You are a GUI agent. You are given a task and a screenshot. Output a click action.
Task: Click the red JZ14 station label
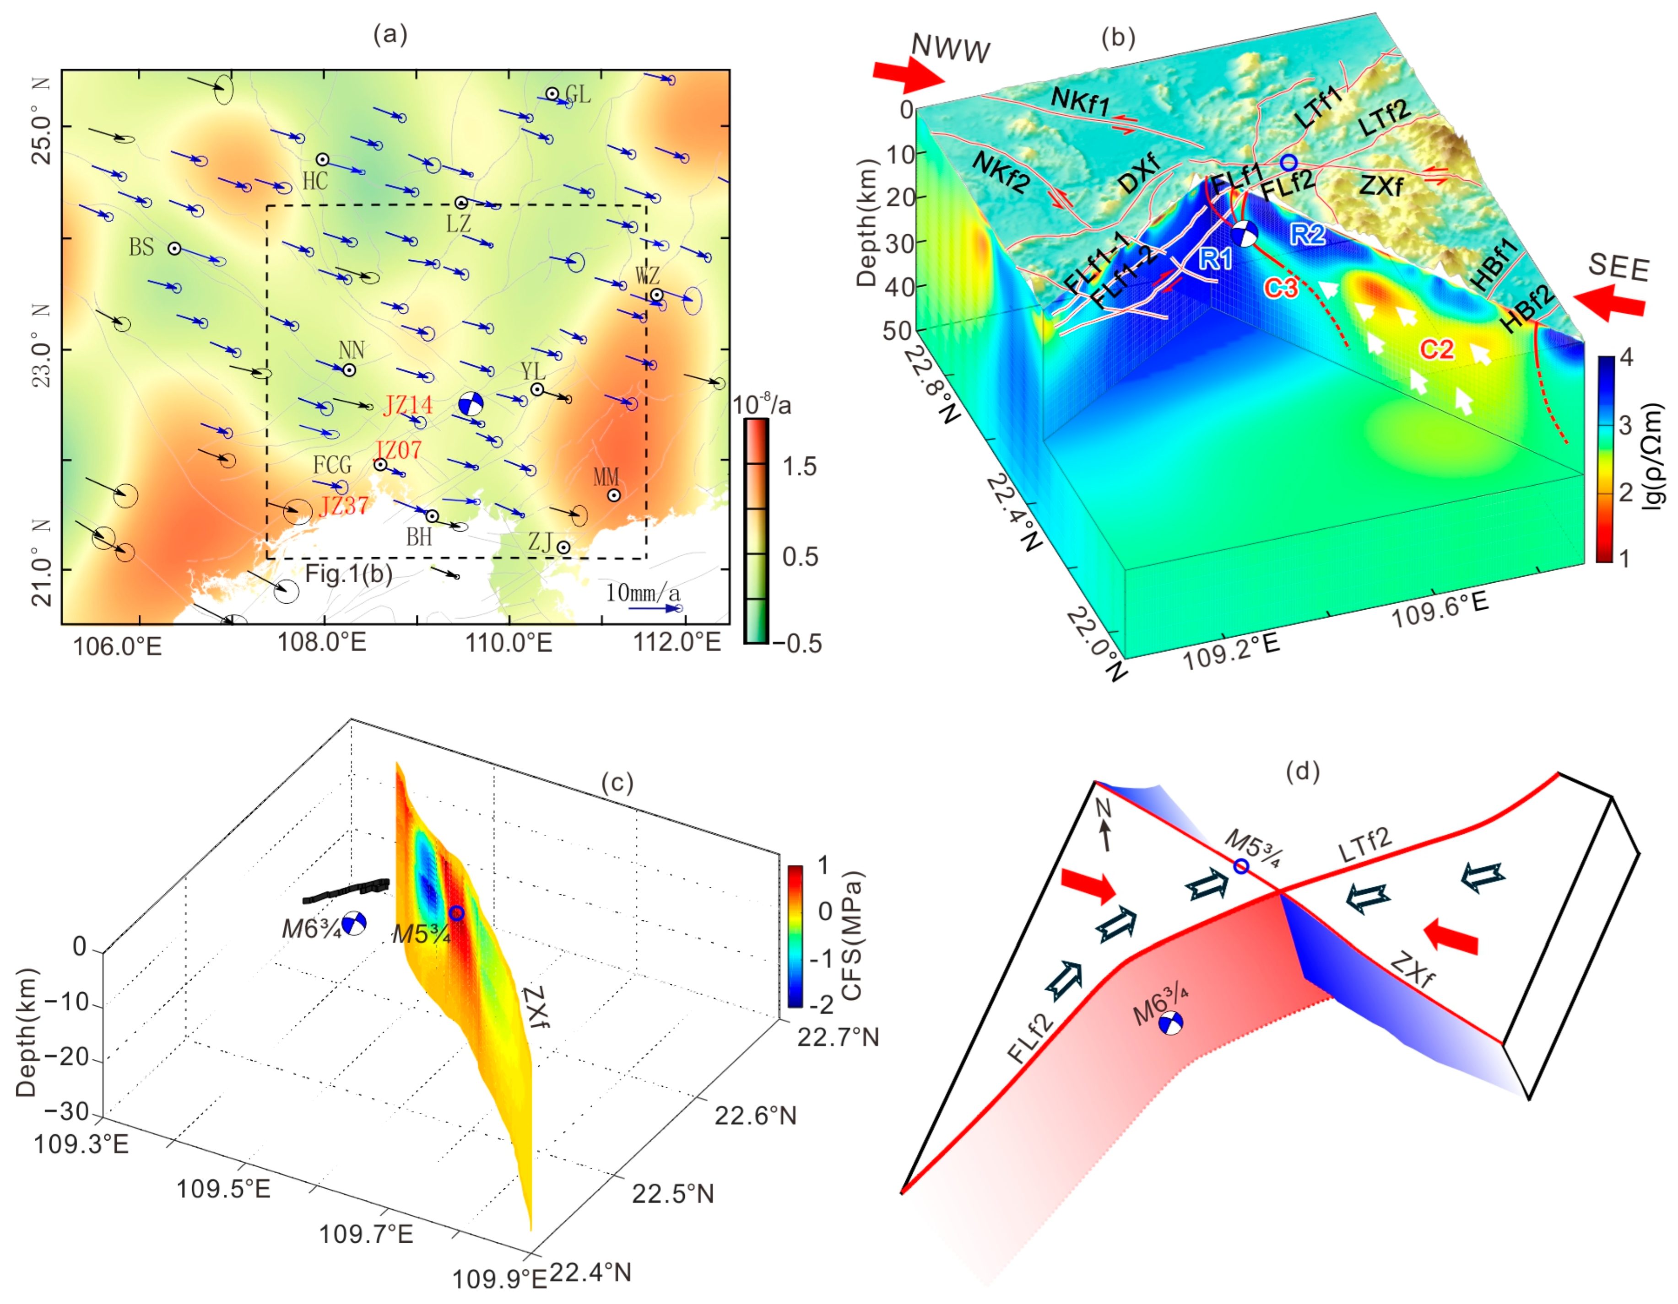click(x=408, y=405)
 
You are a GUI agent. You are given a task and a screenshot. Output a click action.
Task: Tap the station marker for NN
click(x=350, y=370)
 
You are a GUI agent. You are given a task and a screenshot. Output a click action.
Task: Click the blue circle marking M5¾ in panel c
click(x=456, y=913)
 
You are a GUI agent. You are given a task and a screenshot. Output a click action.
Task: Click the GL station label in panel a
click(x=578, y=95)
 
